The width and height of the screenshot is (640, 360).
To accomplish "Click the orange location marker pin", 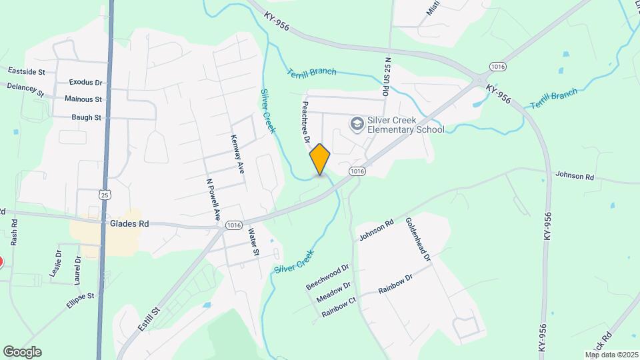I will pos(320,159).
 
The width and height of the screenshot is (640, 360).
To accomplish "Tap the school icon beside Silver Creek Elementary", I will pos(357,124).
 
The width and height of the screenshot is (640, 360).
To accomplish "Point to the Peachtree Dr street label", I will pos(305,119).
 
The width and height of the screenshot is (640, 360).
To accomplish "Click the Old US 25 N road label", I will pos(385,74).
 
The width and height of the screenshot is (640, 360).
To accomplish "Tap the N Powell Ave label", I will pos(213,199).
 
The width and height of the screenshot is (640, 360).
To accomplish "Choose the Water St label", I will pos(253,243).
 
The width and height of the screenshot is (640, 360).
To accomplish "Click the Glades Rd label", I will pos(129,225).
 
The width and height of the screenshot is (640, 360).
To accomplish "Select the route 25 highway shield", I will pos(105,195).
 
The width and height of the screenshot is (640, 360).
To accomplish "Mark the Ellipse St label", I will pos(81,299).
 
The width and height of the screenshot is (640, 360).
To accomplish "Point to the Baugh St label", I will pos(87,117).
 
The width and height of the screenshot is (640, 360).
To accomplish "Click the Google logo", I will pos(22,352).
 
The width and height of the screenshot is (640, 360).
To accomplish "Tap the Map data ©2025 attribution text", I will pos(611,355).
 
